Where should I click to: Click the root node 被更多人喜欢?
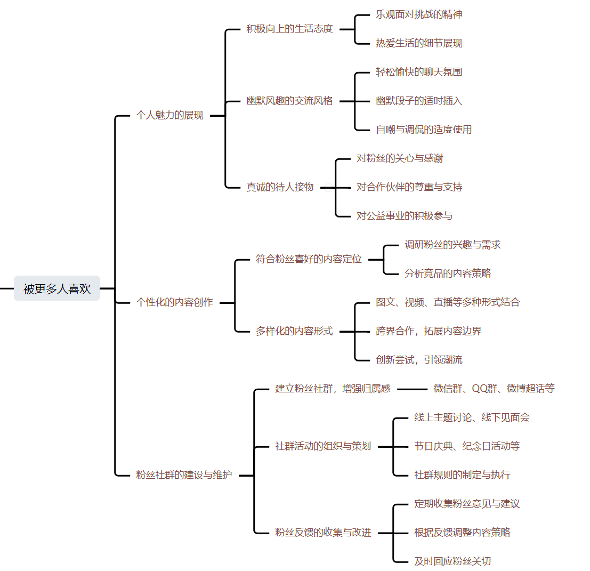coord(57,288)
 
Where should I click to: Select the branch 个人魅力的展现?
coord(170,115)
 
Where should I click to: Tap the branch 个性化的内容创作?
coord(174,302)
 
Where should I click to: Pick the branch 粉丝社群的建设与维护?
coord(184,475)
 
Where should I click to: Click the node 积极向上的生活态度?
coord(289,29)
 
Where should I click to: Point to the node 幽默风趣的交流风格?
coord(289,101)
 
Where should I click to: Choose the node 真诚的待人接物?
coord(280,187)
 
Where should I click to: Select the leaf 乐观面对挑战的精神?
coord(419,14)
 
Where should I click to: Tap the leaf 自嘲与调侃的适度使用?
coord(424,130)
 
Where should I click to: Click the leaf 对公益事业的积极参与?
coord(405,216)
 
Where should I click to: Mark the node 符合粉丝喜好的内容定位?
coord(309,259)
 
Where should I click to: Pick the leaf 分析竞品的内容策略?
coord(448,274)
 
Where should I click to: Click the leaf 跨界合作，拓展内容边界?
coord(429,331)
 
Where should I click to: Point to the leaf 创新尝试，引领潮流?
coord(419,360)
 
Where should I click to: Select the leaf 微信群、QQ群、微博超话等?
coord(494,389)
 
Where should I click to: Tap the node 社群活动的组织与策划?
coord(323,446)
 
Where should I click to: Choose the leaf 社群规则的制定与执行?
coord(462,475)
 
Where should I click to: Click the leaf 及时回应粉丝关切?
coord(452,561)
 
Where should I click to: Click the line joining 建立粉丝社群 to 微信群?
coord(412,389)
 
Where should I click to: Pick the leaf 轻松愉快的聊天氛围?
coord(419,72)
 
